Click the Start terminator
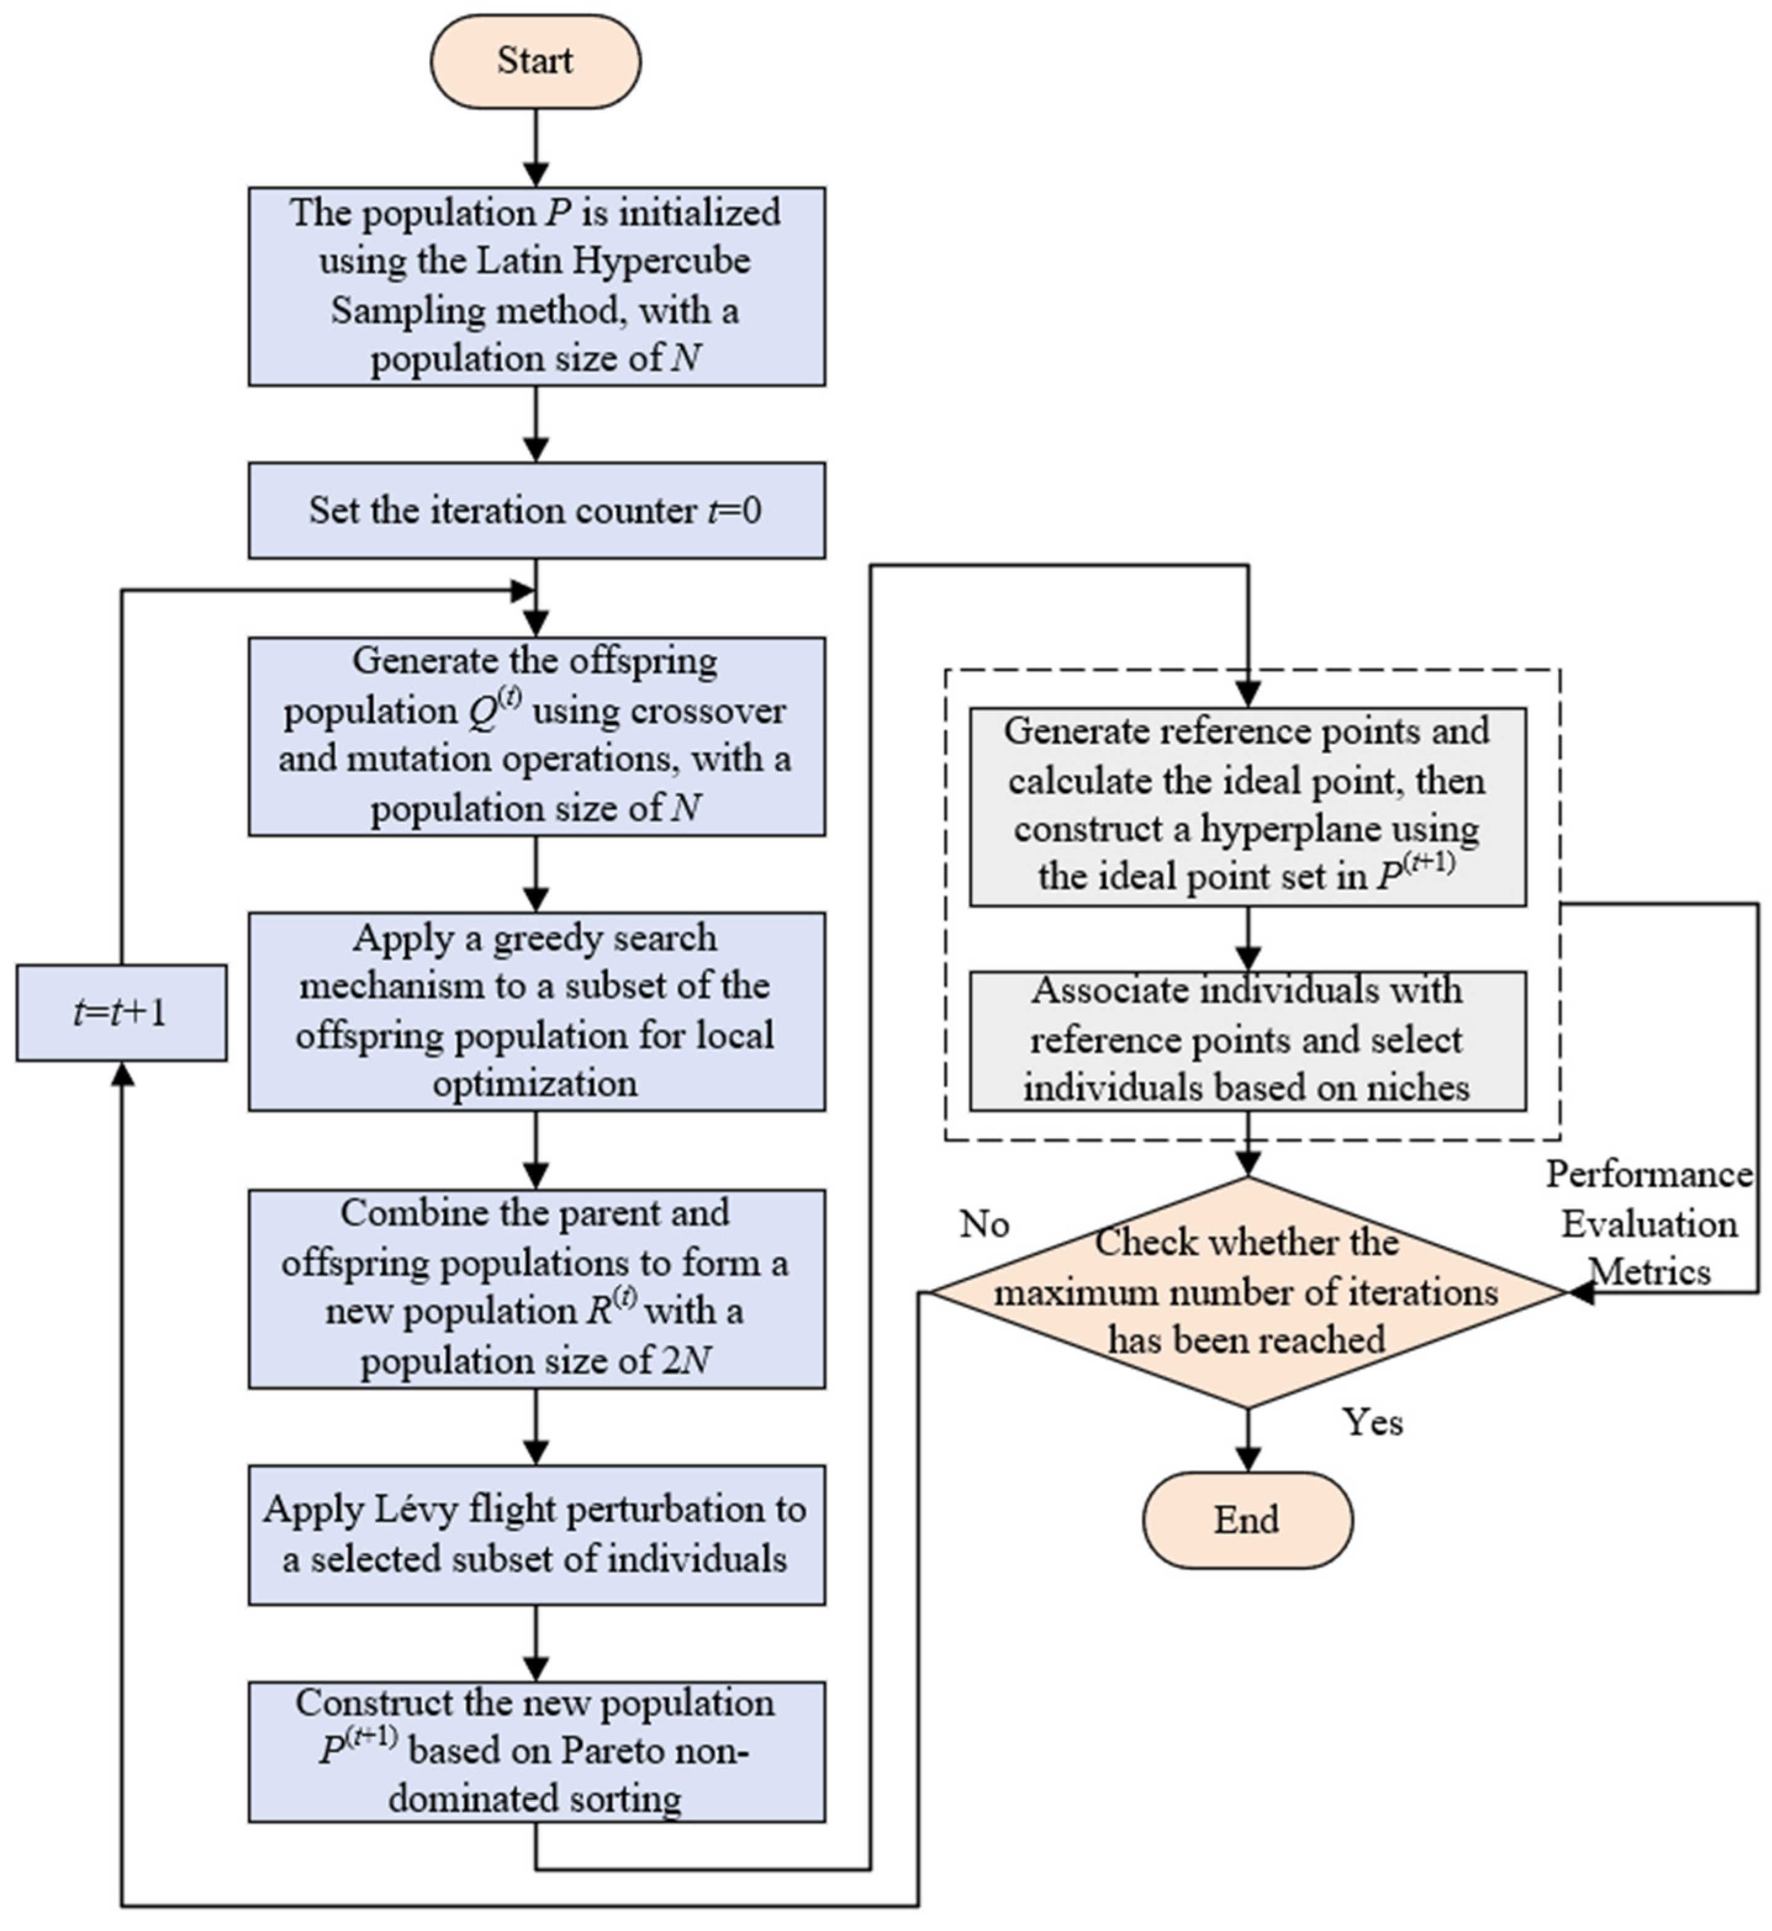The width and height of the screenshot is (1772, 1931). (535, 61)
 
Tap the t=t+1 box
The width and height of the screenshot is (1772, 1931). (122, 1013)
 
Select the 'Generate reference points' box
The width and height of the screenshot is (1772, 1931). (1248, 806)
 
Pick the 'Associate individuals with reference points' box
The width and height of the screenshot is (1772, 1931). (1248, 1041)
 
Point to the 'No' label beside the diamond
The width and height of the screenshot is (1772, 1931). (985, 1224)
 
